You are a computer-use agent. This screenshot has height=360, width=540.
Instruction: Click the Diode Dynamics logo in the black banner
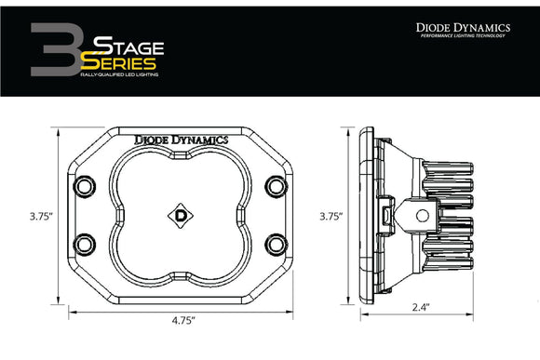[x=462, y=29]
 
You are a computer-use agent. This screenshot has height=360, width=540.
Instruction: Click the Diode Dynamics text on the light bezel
[x=182, y=139]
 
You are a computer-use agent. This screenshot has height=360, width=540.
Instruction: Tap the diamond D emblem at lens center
[x=181, y=213]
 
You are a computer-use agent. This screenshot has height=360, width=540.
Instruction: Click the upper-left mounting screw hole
[x=86, y=185]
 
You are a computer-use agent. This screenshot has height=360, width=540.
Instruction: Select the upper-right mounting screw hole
[x=276, y=185]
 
